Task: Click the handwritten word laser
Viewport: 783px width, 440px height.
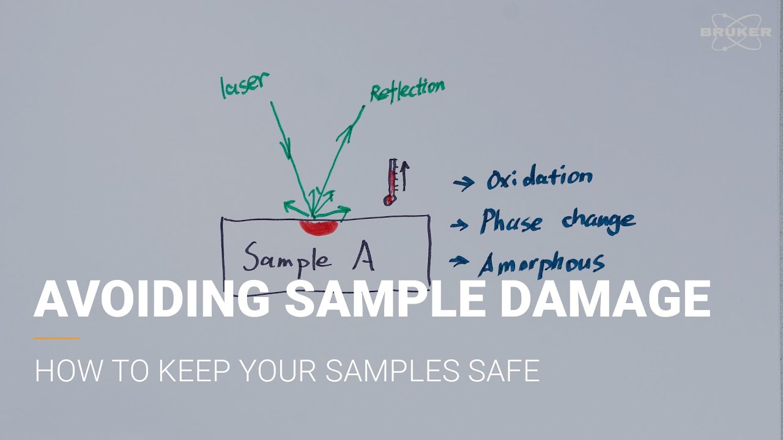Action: tap(243, 85)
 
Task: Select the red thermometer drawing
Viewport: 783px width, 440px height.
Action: tap(390, 182)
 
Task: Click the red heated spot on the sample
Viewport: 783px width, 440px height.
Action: tap(319, 227)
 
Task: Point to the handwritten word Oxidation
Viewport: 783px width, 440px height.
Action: tap(539, 178)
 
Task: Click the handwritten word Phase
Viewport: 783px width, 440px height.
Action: tap(511, 221)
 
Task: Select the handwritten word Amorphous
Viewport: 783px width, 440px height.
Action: tap(541, 263)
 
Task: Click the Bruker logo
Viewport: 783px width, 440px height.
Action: tap(735, 32)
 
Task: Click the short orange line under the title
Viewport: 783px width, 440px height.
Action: tap(56, 338)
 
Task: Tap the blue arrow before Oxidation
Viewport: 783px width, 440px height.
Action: tap(464, 183)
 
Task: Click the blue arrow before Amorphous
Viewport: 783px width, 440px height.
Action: tap(459, 262)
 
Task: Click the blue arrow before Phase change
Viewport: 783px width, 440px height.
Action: tap(459, 226)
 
